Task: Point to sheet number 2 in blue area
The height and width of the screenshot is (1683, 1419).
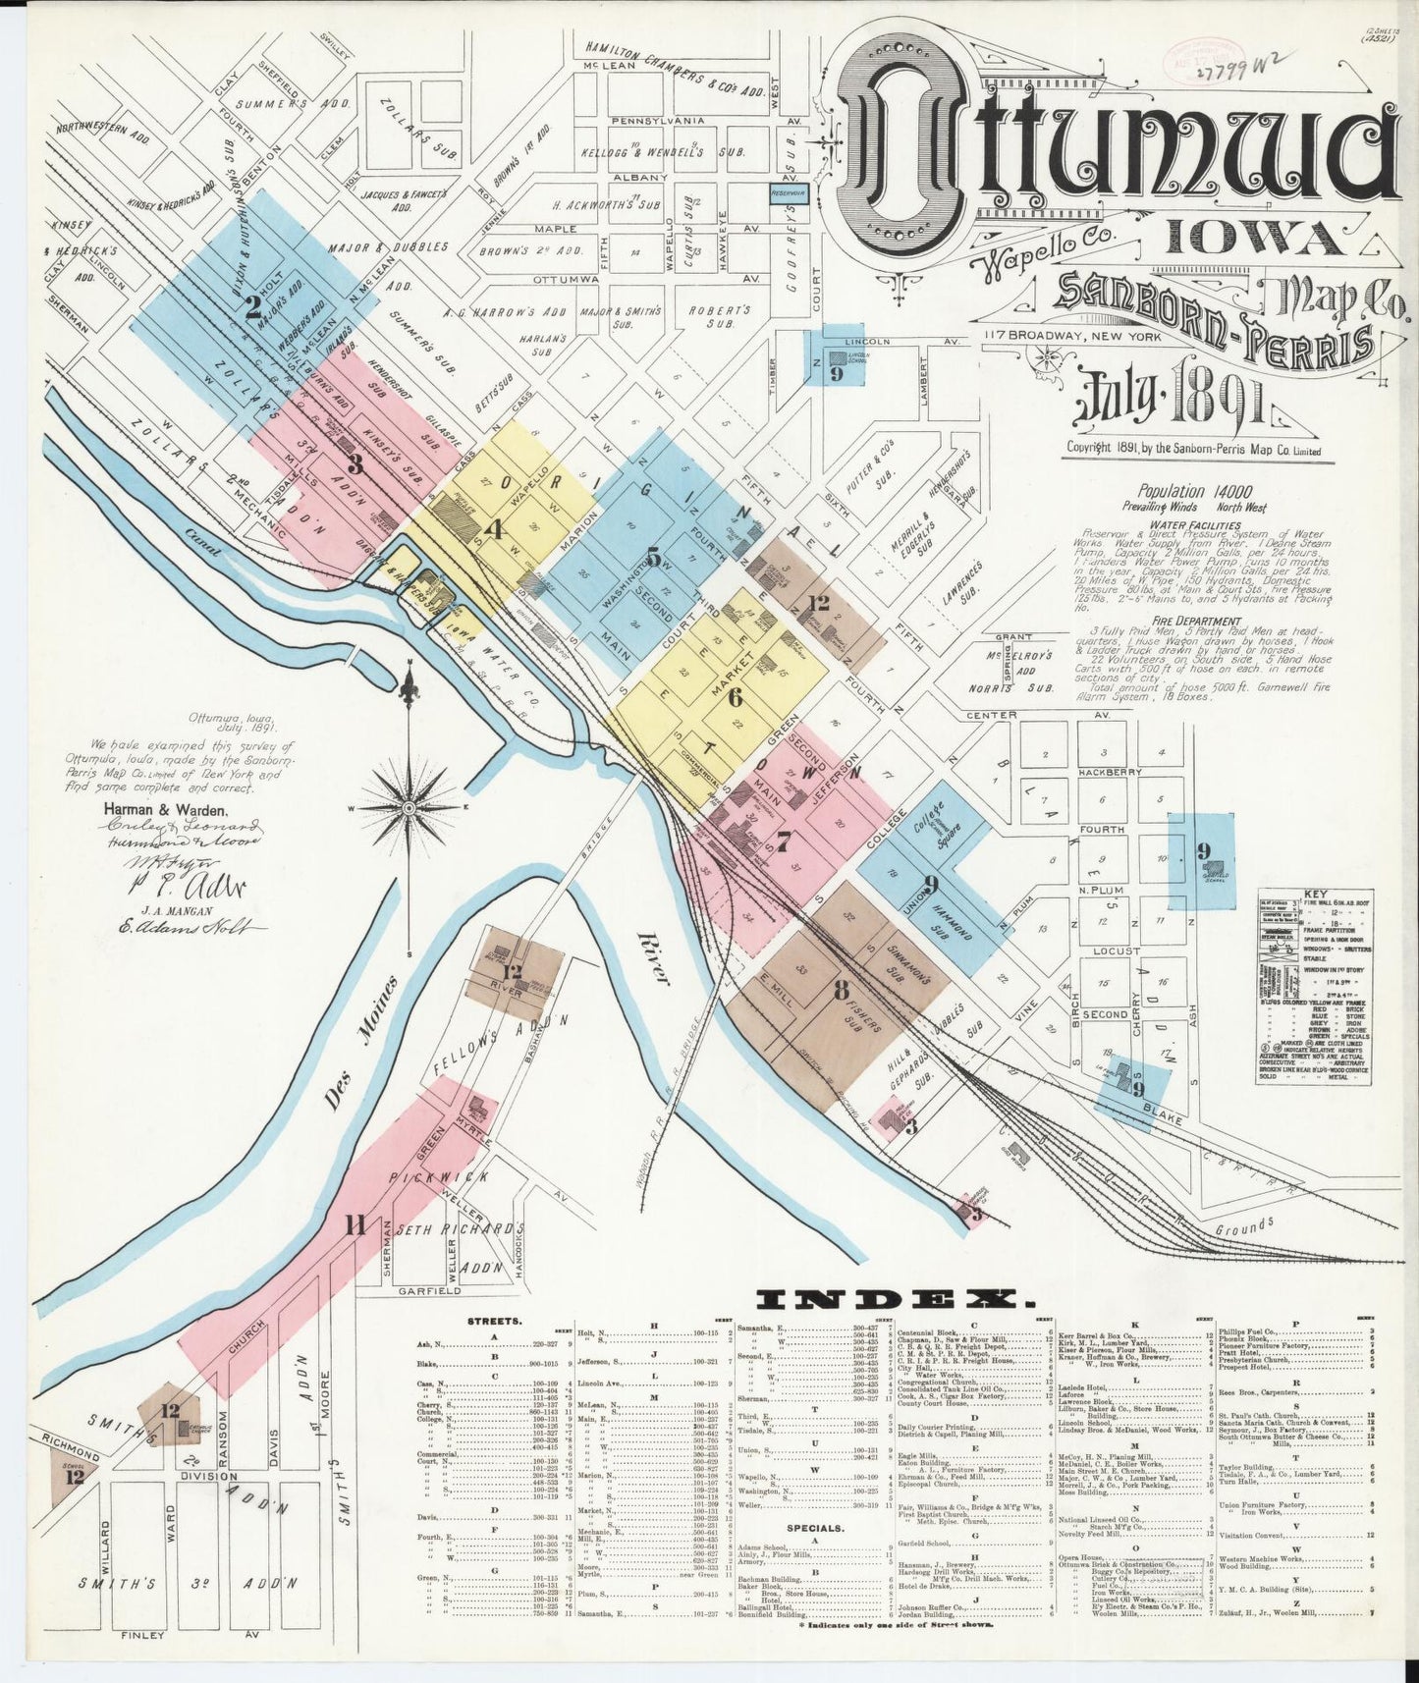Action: click(x=253, y=312)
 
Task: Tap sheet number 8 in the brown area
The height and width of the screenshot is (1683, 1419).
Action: click(x=841, y=990)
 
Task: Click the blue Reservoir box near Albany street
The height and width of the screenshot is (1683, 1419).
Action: click(x=789, y=194)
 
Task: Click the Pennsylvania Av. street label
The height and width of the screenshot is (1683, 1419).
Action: click(x=659, y=121)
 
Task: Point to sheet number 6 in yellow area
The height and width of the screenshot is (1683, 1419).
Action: click(x=735, y=697)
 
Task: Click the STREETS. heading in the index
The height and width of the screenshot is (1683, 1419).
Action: click(x=496, y=1323)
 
